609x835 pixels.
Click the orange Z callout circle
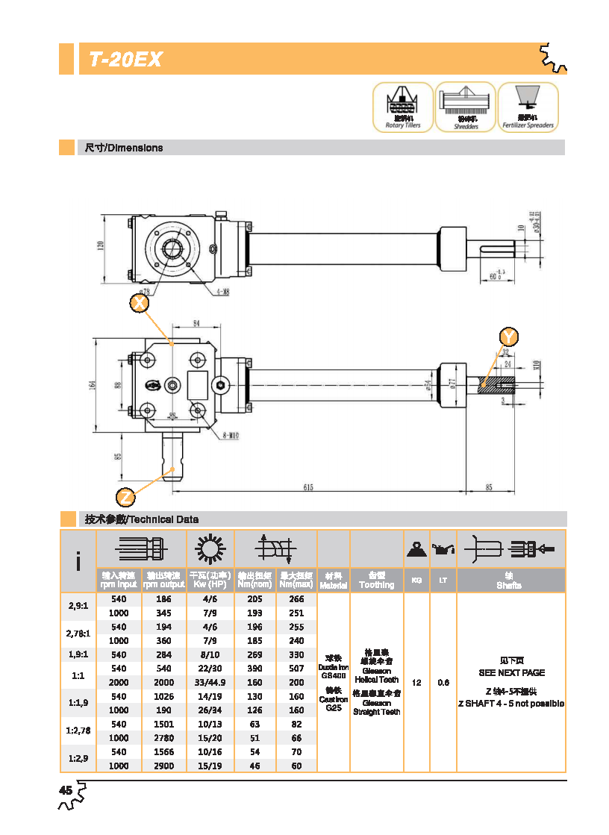[x=126, y=495]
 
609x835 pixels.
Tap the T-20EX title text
[x=125, y=60]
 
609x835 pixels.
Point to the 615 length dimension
[x=308, y=487]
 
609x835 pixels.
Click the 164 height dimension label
[x=93, y=384]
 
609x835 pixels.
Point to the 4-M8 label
[x=222, y=292]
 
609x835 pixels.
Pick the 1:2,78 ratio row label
[x=78, y=731]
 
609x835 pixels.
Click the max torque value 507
[x=296, y=669]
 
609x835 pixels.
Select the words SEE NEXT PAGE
[x=511, y=672]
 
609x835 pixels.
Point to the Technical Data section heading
[x=142, y=519]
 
